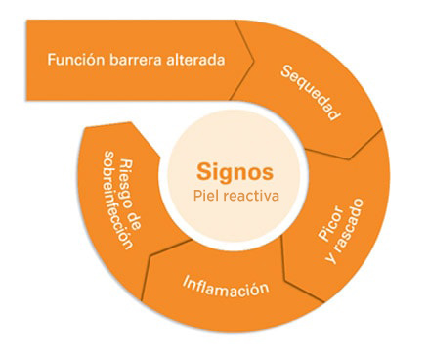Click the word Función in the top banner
pos(76,60)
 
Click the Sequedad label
pos(311,93)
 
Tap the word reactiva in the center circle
pos(244,196)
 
